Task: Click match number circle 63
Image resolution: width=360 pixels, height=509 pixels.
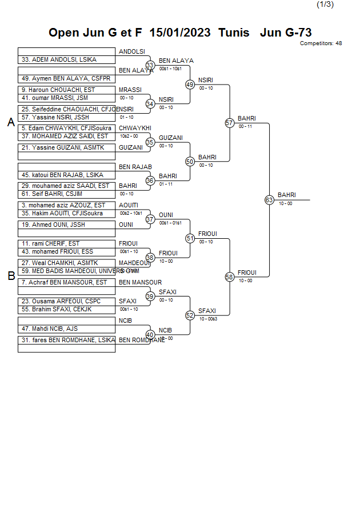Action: (x=269, y=200)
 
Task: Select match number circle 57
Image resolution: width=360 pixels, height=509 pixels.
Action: (x=230, y=123)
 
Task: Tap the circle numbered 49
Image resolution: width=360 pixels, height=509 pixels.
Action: (x=190, y=85)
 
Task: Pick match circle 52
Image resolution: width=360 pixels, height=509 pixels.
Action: (x=190, y=315)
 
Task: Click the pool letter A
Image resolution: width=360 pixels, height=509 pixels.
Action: (x=11, y=122)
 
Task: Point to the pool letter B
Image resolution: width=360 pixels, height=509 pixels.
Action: (x=11, y=276)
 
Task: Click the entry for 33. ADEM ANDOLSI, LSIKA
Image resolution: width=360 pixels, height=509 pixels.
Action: (x=59, y=59)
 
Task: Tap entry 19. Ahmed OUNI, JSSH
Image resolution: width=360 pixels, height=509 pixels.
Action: (x=53, y=225)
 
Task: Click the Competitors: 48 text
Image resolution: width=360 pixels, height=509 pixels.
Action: (x=321, y=43)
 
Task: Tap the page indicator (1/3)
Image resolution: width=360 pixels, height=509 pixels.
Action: (x=325, y=5)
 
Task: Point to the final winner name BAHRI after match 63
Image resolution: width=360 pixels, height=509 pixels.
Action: (x=286, y=195)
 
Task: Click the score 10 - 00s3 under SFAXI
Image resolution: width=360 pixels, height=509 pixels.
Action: (x=208, y=319)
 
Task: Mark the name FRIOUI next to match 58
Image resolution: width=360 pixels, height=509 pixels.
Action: (x=247, y=272)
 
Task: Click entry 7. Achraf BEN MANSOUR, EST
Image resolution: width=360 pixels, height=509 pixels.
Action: (x=64, y=282)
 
